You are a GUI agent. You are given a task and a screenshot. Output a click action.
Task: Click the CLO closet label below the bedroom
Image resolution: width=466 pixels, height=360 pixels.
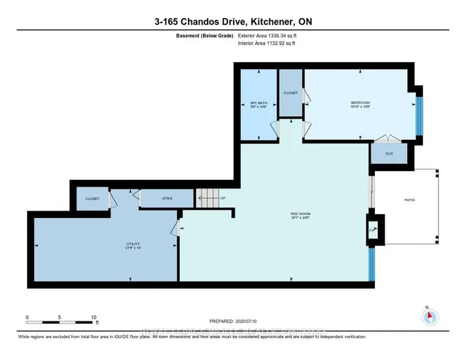(390, 154)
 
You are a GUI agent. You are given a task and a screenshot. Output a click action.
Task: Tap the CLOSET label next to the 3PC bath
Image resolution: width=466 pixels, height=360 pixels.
(291, 93)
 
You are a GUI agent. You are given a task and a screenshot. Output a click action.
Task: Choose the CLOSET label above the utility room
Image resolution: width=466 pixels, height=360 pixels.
(92, 197)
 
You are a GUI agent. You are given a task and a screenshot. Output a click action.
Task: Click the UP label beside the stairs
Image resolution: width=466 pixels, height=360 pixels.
(223, 197)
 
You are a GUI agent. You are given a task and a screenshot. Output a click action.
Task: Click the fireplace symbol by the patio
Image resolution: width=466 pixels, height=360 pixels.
(372, 228)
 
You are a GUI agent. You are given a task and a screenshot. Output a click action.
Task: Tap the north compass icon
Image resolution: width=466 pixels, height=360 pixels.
(429, 316)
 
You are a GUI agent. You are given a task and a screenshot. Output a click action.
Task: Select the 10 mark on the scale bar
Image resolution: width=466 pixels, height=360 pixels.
(93, 318)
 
